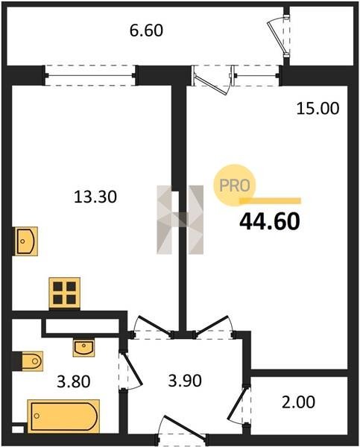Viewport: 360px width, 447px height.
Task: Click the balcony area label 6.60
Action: point(146,31)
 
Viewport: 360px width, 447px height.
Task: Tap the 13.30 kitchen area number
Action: point(95,197)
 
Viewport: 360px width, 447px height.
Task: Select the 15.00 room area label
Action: point(318,109)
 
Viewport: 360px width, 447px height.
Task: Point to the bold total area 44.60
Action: point(270,222)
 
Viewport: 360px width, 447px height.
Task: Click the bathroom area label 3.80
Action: point(74,381)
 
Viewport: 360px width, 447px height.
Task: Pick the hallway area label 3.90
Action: point(185,380)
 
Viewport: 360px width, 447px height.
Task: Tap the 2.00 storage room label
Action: point(298,402)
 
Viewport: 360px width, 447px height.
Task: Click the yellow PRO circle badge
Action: point(235,186)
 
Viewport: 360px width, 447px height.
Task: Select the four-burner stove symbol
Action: point(64,293)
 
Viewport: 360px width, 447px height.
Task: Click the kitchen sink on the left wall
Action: point(26,241)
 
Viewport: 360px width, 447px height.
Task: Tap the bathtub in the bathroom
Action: point(63,416)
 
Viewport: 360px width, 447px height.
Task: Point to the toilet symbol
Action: point(32,361)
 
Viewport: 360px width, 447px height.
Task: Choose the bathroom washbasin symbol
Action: point(83,348)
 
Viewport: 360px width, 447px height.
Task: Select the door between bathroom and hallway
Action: point(130,371)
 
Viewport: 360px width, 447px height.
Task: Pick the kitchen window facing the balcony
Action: point(90,75)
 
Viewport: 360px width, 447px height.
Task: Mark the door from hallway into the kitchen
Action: point(152,327)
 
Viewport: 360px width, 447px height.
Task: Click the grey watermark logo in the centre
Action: point(180,220)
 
